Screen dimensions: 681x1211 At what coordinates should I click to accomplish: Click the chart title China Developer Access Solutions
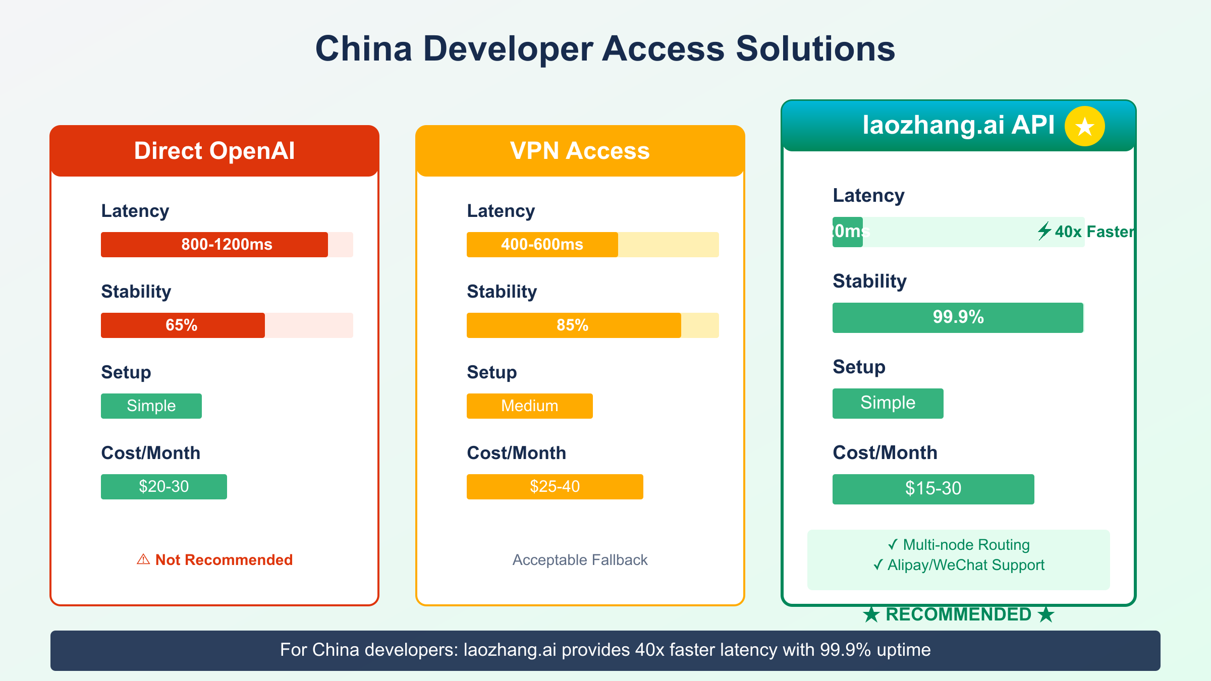(605, 49)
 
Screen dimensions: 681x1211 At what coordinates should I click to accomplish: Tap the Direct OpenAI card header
(214, 151)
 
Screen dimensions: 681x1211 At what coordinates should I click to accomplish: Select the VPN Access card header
(580, 151)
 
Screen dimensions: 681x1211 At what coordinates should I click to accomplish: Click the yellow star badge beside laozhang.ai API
(1084, 126)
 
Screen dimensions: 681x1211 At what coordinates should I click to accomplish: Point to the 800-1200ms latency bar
(214, 245)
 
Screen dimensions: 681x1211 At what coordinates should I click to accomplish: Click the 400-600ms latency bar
(542, 245)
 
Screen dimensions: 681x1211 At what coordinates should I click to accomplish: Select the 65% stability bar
(183, 325)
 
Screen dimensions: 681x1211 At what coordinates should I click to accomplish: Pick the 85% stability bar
(574, 325)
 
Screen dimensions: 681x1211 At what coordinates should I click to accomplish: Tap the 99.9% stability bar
(958, 317)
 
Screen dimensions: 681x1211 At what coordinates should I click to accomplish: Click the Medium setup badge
(529, 406)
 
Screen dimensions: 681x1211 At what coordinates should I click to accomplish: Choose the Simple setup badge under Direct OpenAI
(151, 406)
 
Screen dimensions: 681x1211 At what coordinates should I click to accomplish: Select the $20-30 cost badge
(163, 487)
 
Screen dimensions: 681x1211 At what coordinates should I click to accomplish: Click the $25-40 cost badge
(555, 487)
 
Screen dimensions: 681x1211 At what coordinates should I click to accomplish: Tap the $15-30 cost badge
(933, 489)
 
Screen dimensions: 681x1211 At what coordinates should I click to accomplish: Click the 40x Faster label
(1092, 232)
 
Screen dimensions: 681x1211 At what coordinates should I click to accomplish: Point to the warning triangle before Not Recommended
(143, 559)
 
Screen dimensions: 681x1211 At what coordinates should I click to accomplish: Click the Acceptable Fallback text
(580, 560)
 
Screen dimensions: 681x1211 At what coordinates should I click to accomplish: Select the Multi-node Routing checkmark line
(959, 545)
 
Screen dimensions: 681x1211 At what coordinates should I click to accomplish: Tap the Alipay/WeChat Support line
(959, 565)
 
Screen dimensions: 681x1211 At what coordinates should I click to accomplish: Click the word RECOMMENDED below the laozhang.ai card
(958, 614)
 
